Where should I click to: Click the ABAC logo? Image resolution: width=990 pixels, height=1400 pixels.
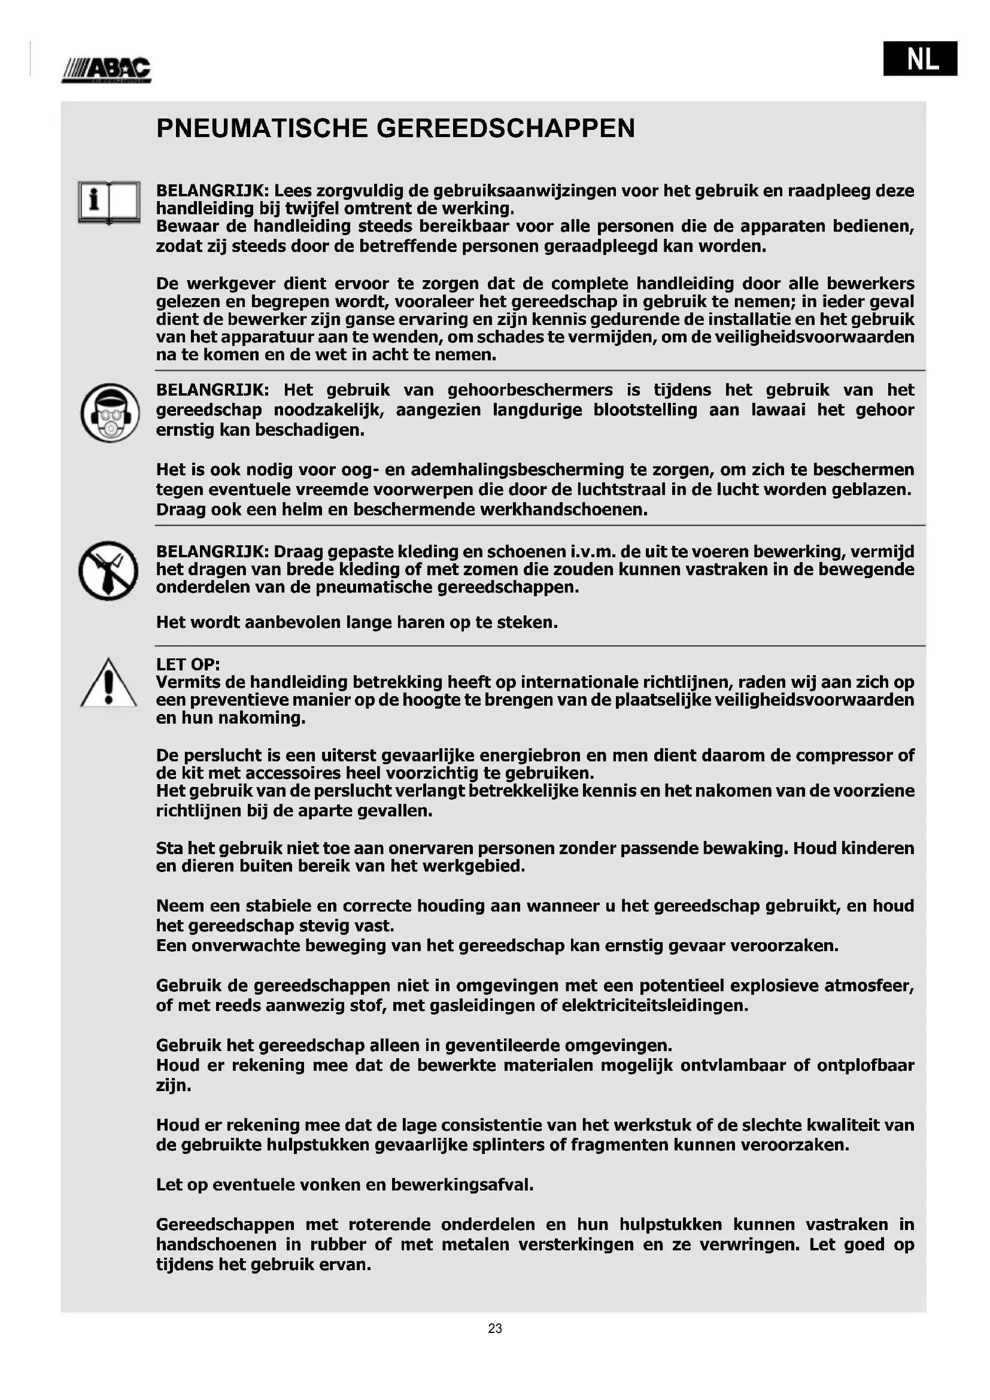106,69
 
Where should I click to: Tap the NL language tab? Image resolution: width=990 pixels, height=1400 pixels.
920,58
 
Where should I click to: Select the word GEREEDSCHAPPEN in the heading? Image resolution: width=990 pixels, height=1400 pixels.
506,129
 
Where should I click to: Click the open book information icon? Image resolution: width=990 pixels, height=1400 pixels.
108,203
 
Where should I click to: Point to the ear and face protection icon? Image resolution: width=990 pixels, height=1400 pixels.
110,413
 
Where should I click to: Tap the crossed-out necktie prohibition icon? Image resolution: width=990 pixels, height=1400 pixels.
108,571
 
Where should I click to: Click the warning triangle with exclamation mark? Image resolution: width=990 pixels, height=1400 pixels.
108,684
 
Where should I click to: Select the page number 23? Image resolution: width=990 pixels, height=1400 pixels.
494,1328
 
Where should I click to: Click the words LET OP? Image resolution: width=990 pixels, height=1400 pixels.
188,664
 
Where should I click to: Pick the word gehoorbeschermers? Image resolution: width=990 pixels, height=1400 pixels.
530,390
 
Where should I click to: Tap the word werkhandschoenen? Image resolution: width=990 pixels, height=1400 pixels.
563,509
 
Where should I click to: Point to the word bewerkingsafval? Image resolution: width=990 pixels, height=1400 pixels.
461,1185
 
